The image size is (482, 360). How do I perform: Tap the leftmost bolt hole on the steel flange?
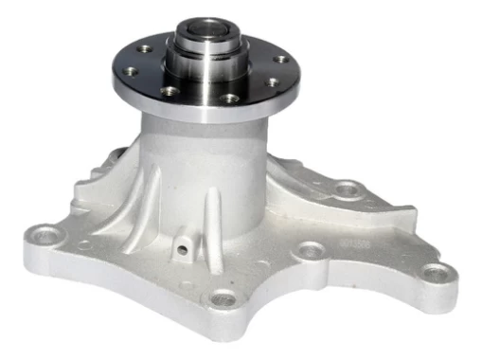point(144,48)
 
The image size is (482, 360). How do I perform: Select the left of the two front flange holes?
point(171,92)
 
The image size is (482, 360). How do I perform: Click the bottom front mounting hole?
point(223,300)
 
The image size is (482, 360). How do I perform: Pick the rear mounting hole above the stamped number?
point(348,189)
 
